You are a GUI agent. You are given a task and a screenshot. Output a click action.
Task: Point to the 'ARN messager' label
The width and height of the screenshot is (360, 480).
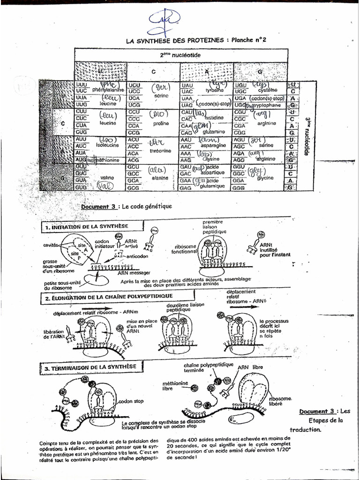pyautogui.click(x=134, y=271)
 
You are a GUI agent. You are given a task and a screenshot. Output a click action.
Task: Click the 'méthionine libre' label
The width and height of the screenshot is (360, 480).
pyautogui.click(x=175, y=385)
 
